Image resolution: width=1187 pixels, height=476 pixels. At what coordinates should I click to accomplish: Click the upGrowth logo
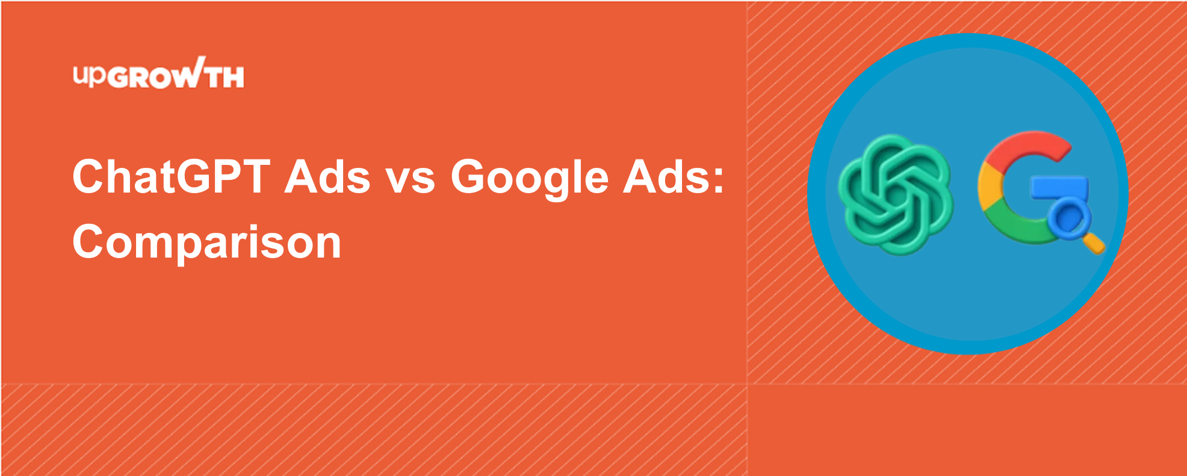158,73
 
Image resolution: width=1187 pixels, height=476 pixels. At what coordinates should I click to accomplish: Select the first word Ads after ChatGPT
327,177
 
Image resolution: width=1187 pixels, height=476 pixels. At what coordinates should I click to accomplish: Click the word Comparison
207,242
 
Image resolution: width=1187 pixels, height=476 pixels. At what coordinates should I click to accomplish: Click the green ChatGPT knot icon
896,194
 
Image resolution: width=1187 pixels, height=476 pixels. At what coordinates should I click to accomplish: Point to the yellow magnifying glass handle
1094,243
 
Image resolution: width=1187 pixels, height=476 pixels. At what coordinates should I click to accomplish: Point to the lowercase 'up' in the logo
90,75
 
